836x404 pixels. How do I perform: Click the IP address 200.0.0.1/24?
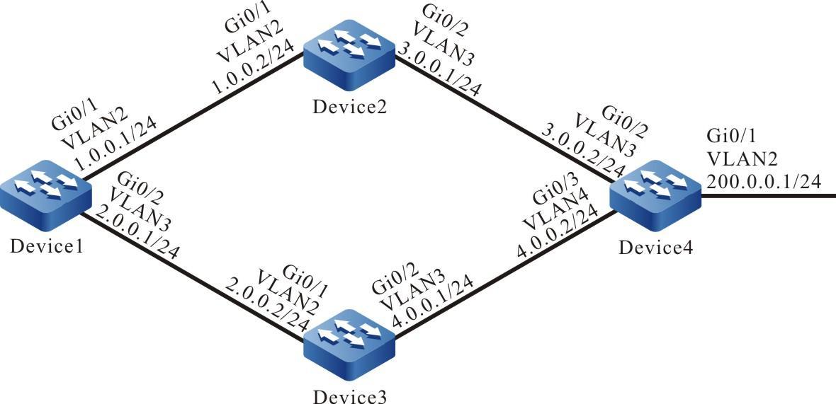pyautogui.click(x=763, y=182)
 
